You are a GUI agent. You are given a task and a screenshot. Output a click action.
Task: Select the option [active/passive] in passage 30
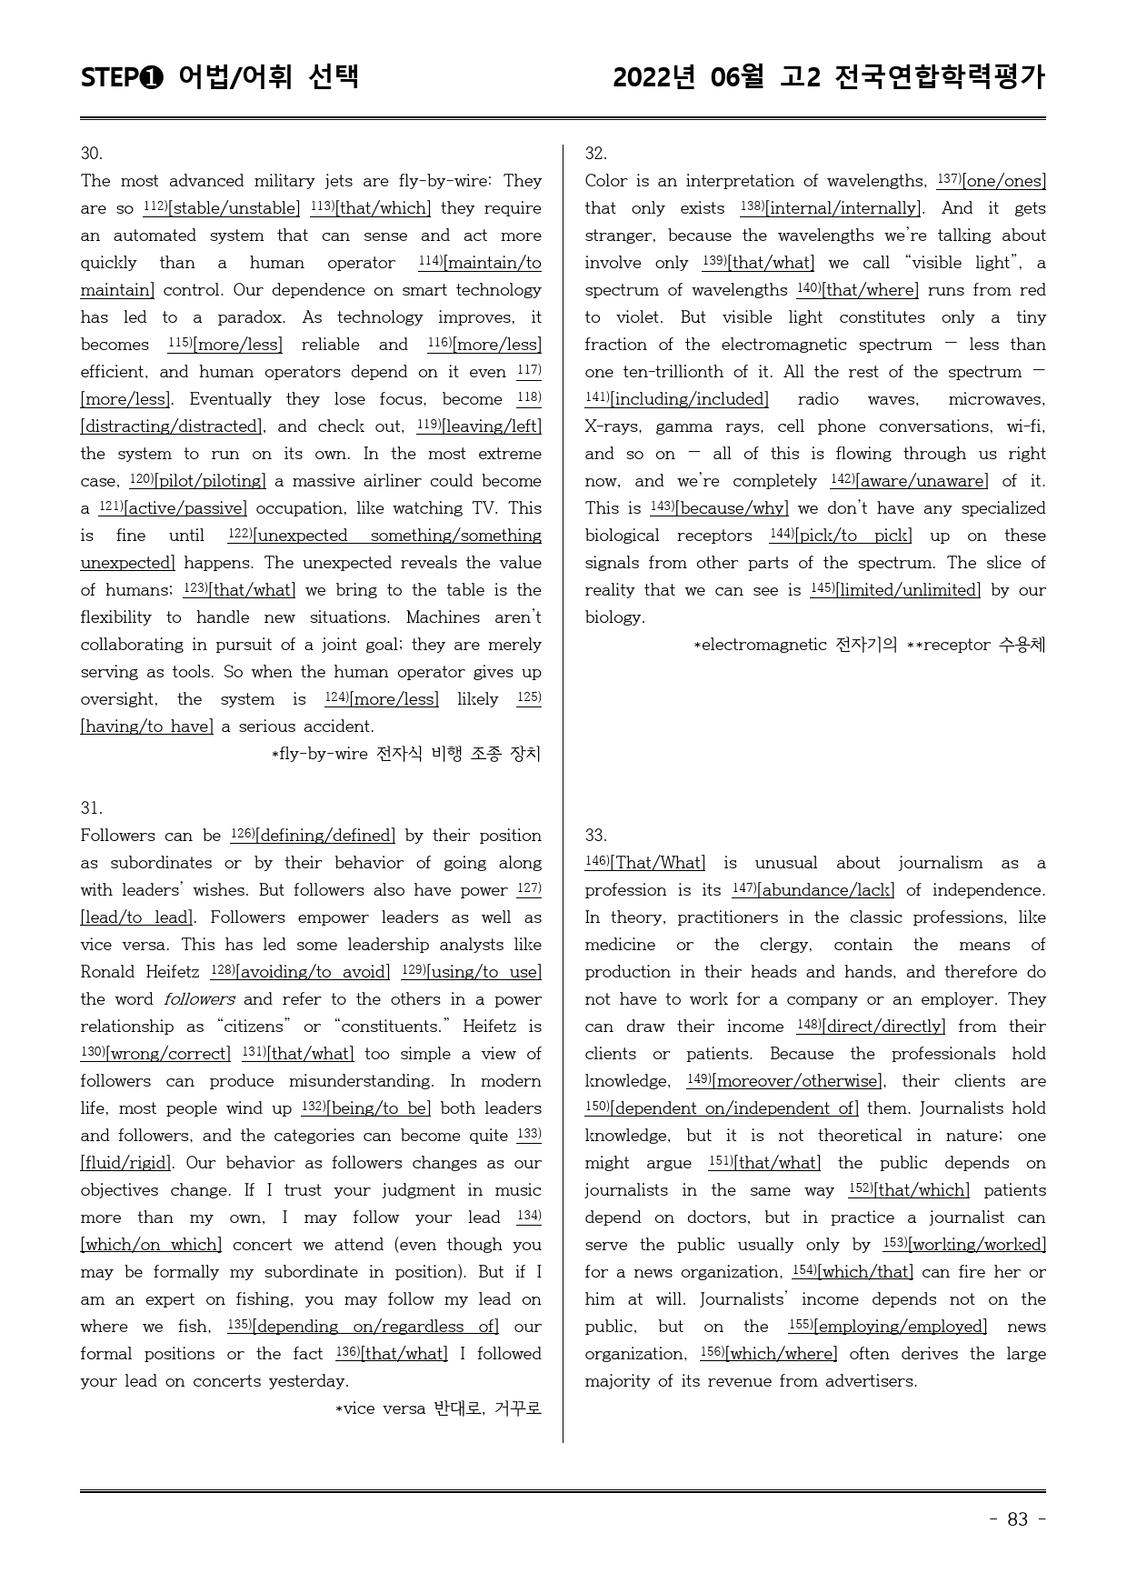coord(185,508)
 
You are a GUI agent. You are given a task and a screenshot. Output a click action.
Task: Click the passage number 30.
coord(92,154)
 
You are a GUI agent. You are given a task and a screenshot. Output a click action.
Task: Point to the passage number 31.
coord(92,808)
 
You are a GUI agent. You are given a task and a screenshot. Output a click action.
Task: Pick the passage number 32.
coord(596,154)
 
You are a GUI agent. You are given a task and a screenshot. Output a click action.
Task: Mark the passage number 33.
coord(596,836)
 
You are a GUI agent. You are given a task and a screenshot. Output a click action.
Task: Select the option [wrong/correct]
coord(169,1054)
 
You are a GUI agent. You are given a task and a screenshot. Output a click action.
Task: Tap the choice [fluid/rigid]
coord(125,1163)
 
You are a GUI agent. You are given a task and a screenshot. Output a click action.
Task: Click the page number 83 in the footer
coord(1017,1519)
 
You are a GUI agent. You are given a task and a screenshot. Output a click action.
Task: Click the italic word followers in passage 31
coord(199,999)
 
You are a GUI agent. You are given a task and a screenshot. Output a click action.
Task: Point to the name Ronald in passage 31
coord(108,972)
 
